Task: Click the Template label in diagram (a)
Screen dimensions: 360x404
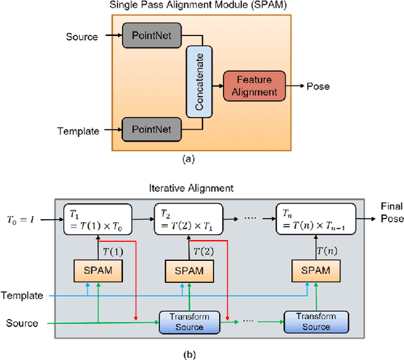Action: click(x=78, y=131)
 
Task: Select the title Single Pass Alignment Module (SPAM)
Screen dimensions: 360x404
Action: click(x=198, y=6)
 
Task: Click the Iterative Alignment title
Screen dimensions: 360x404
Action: click(x=201, y=188)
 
